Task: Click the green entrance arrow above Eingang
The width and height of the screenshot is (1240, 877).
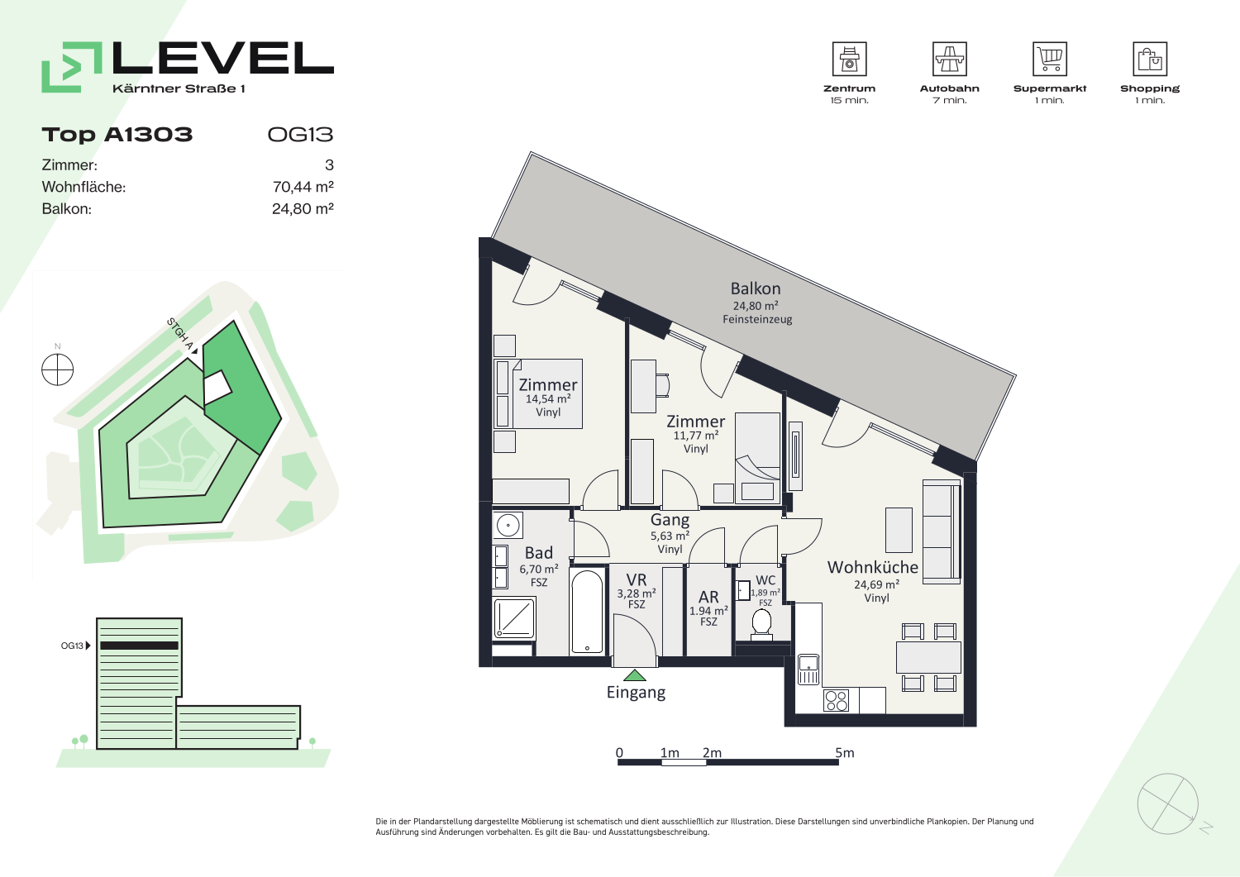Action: [634, 675]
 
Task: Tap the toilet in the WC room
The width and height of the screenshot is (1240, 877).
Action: [761, 625]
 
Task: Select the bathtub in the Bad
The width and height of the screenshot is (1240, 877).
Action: [587, 612]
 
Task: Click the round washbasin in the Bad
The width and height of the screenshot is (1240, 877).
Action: [508, 525]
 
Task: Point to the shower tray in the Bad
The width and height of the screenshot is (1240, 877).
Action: [514, 617]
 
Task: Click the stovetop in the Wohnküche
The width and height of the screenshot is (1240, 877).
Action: [836, 700]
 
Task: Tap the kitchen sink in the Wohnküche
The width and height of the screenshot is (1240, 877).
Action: [808, 670]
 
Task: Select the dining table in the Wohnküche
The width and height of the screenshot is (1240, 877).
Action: [928, 657]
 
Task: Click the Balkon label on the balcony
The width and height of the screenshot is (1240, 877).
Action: [756, 289]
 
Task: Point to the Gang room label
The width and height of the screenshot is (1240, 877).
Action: [670, 520]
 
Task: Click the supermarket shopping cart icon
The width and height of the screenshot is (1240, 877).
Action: [1050, 59]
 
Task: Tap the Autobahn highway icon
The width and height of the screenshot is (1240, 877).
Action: [949, 59]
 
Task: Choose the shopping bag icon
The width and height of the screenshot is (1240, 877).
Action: [1150, 59]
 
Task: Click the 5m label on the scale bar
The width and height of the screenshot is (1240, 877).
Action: [845, 753]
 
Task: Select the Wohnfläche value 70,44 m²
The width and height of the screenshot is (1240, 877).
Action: [303, 187]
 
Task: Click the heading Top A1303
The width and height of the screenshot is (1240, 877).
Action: [117, 135]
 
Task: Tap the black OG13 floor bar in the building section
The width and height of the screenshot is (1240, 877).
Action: [139, 646]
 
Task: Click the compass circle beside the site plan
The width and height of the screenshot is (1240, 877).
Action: [58, 369]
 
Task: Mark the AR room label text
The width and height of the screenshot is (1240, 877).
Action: [708, 597]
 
